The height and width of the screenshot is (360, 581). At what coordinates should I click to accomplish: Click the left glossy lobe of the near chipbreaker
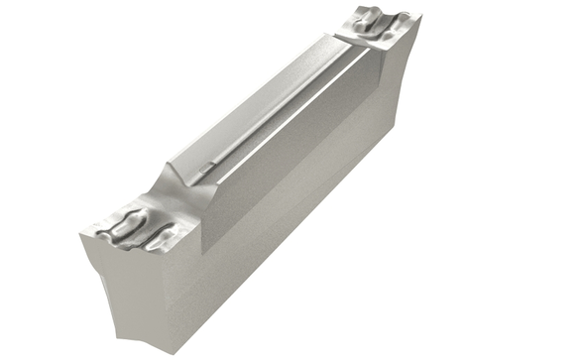point(121,226)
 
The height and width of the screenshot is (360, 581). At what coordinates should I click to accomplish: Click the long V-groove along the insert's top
point(288,109)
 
